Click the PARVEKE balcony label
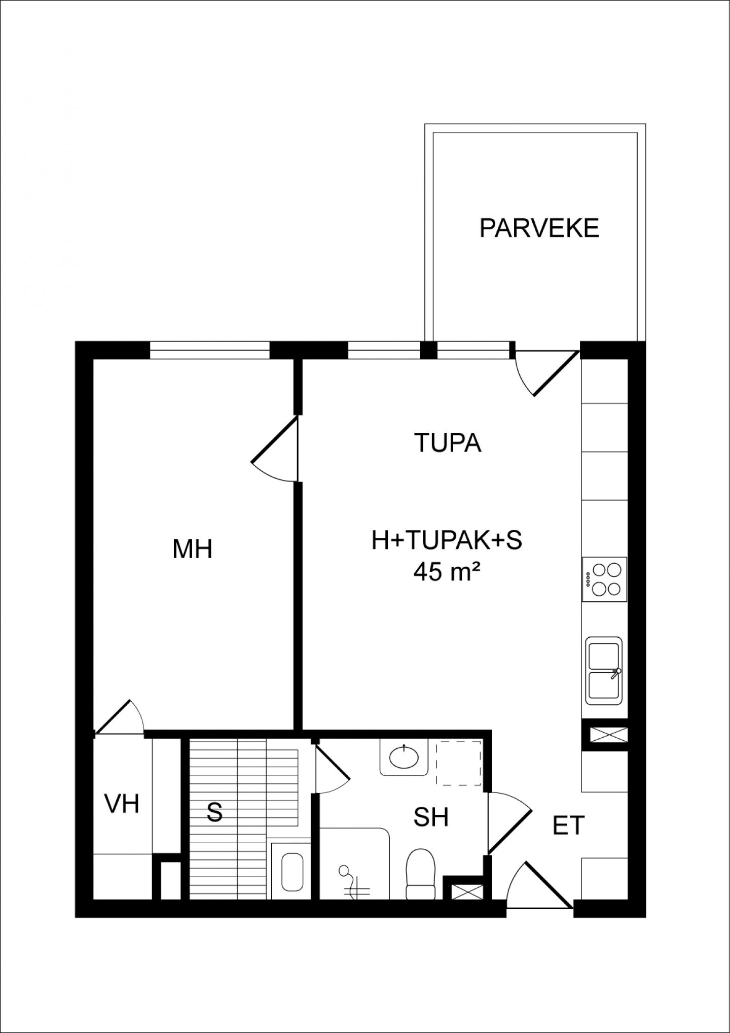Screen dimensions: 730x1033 539,228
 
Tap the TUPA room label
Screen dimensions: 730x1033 448,442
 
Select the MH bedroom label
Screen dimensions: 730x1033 192,549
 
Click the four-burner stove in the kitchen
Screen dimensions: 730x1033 605,579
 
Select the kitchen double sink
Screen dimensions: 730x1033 604,670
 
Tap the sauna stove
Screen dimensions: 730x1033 291,872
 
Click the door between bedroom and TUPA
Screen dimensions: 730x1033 274,449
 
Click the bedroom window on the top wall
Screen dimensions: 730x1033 209,350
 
